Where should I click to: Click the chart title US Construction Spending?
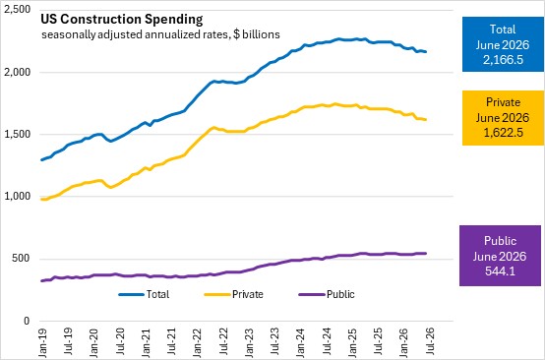(122, 20)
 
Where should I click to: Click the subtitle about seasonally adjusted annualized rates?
(160, 34)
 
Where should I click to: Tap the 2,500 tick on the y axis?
(17, 10)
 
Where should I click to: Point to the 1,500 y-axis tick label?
(17, 135)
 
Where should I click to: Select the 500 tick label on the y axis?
(22, 259)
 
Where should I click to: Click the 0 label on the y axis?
(28, 321)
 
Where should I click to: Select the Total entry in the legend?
(144, 295)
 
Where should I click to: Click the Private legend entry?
(234, 295)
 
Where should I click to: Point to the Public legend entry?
(327, 295)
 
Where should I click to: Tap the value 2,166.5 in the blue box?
(503, 60)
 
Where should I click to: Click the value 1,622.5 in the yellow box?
(503, 133)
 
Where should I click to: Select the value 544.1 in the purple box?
(500, 271)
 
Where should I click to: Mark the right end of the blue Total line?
(426, 52)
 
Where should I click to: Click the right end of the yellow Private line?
(426, 120)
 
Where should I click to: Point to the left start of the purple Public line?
(42, 280)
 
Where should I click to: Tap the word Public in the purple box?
(500, 241)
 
